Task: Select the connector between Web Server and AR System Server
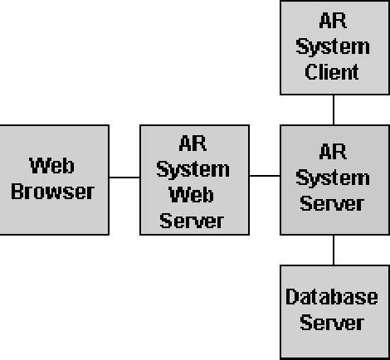point(265,177)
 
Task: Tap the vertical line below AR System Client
point(334,109)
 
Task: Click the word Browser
point(54,192)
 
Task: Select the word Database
point(332,297)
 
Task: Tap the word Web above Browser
point(53,165)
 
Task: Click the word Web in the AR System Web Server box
point(193,196)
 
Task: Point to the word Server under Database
point(332,322)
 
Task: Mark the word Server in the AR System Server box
point(332,203)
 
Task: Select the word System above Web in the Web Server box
point(193,170)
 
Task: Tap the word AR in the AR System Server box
point(333,151)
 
